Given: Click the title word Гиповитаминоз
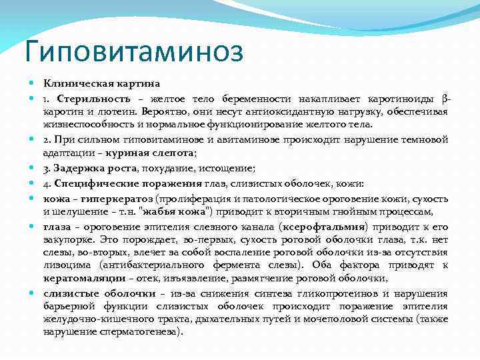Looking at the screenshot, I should [133, 50].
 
